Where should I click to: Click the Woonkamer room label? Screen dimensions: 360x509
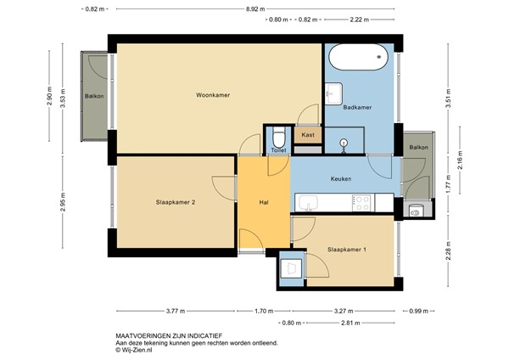pos(213,94)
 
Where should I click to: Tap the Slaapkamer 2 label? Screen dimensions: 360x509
pos(176,202)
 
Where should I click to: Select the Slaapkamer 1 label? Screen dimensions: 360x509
pos(347,250)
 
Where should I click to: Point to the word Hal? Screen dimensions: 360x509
pos(264,202)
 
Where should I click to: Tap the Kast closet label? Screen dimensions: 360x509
pos(307,134)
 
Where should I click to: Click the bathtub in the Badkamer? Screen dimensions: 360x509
pos(357,59)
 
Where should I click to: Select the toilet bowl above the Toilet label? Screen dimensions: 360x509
pos(280,136)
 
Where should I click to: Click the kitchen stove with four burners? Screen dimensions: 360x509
pos(361,203)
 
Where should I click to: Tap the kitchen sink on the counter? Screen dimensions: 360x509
pos(307,203)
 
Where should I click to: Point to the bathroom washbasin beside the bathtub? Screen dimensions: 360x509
pos(333,92)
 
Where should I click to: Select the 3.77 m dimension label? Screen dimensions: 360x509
pos(176,311)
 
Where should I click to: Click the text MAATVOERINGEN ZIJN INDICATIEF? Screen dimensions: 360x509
pos(165,336)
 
